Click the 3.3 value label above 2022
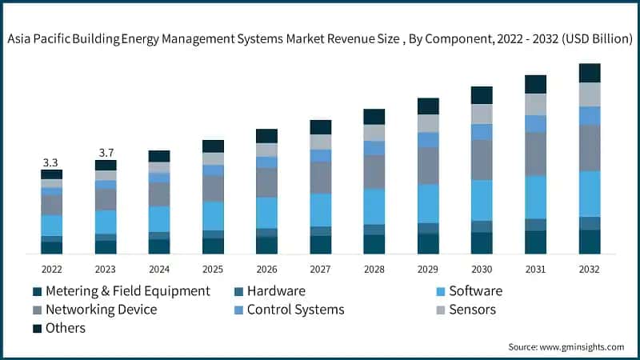(x=51, y=162)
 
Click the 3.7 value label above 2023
(x=106, y=153)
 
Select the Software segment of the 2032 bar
(x=590, y=194)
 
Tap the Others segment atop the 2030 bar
(x=482, y=95)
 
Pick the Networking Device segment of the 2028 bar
(x=374, y=172)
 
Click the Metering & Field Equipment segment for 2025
(x=213, y=246)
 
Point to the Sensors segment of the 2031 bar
(x=535, y=104)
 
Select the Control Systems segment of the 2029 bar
(x=428, y=140)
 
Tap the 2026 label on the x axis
(x=266, y=269)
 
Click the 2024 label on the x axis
(x=159, y=269)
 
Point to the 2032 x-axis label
(x=590, y=269)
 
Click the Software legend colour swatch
(x=437, y=291)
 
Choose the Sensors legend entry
(x=472, y=310)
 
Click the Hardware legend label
(x=276, y=291)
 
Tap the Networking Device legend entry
(x=101, y=310)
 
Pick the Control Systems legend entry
(x=295, y=310)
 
